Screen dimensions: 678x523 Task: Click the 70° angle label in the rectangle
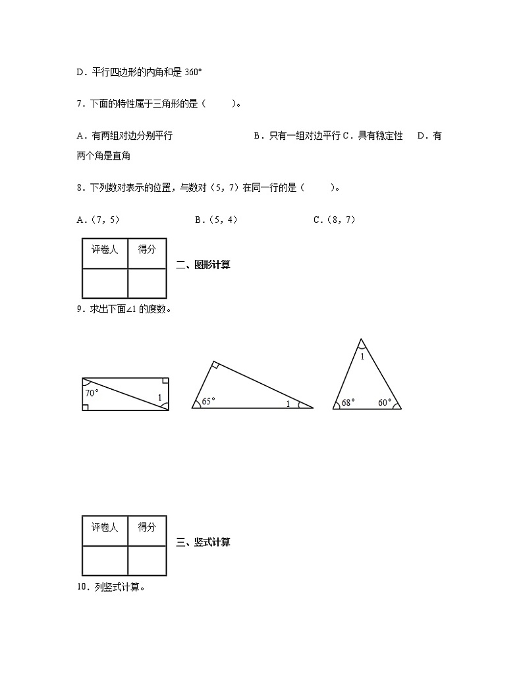(x=92, y=393)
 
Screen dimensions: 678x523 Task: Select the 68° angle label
(x=348, y=402)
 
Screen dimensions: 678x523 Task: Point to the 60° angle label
(x=385, y=402)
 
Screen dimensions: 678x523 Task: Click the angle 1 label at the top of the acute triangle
(x=362, y=356)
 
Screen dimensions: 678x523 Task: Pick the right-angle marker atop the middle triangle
(x=215, y=365)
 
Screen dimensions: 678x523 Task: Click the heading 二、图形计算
(x=204, y=266)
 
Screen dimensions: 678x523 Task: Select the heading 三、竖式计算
(x=204, y=543)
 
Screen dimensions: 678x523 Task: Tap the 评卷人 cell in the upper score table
(x=105, y=250)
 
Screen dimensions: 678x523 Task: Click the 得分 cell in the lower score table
(x=147, y=528)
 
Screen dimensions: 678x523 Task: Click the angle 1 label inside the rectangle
(x=159, y=397)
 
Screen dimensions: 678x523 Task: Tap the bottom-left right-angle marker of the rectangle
(x=86, y=407)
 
